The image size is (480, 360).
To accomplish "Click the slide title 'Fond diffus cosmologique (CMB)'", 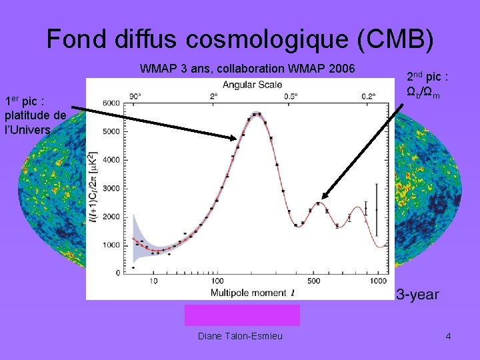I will click(x=240, y=39).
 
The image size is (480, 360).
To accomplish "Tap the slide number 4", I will click(x=448, y=336).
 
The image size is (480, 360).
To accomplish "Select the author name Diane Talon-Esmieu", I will click(x=240, y=336).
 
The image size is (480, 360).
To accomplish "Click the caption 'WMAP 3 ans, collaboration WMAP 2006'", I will click(x=247, y=69).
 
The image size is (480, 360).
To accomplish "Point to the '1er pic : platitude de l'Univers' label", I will click(x=35, y=115).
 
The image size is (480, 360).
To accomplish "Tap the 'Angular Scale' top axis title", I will click(x=252, y=85).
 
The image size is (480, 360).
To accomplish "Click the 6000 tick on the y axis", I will click(x=111, y=103).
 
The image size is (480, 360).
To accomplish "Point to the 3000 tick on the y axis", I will click(x=111, y=188).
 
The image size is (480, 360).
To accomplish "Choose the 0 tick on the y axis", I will click(x=118, y=273).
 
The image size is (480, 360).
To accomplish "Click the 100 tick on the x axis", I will click(x=217, y=281).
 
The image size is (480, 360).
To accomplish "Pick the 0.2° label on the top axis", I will click(x=368, y=95).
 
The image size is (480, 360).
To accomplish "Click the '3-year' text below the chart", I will click(x=418, y=294).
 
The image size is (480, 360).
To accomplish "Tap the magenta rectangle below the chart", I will click(x=242, y=315).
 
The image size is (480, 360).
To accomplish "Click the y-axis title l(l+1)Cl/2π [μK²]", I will click(x=93, y=187).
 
